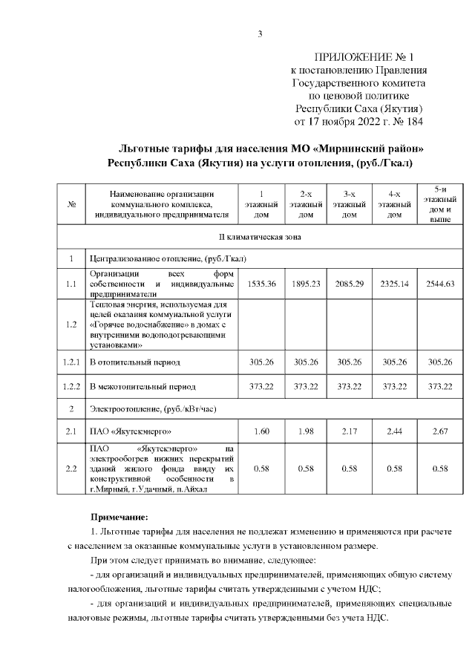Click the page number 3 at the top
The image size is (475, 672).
(260, 33)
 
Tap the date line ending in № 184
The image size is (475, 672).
(359, 120)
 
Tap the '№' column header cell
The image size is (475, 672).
(71, 204)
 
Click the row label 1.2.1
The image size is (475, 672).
(71, 362)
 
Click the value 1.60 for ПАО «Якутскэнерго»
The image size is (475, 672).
(261, 431)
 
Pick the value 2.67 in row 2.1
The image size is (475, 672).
(440, 431)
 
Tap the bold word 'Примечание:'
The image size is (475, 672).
(119, 515)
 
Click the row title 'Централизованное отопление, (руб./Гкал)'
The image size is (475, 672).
(168, 259)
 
